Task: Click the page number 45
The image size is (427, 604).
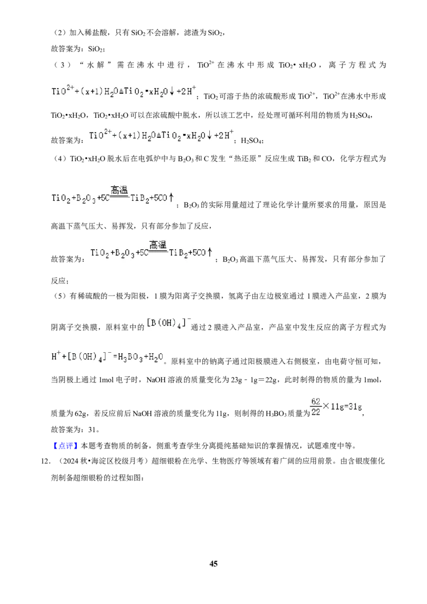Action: (x=213, y=563)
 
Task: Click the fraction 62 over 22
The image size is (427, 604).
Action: (x=316, y=407)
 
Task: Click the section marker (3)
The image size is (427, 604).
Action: (x=62, y=65)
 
